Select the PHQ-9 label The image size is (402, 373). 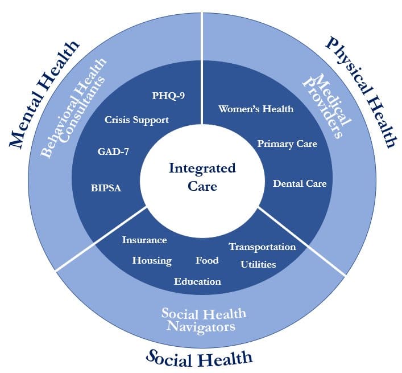click(x=169, y=95)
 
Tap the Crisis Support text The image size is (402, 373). click(x=136, y=120)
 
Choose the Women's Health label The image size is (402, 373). click(x=256, y=108)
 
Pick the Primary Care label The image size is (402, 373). click(x=287, y=144)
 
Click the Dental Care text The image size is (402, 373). click(x=300, y=183)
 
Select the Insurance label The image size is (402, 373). click(x=144, y=240)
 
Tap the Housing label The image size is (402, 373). click(x=152, y=260)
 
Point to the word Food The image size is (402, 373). click(x=207, y=260)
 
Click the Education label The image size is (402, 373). click(x=197, y=281)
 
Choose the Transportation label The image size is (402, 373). click(x=262, y=247)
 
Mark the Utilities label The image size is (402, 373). click(x=258, y=264)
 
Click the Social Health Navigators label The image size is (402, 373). click(x=204, y=319)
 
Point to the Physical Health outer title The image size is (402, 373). click(x=359, y=91)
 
